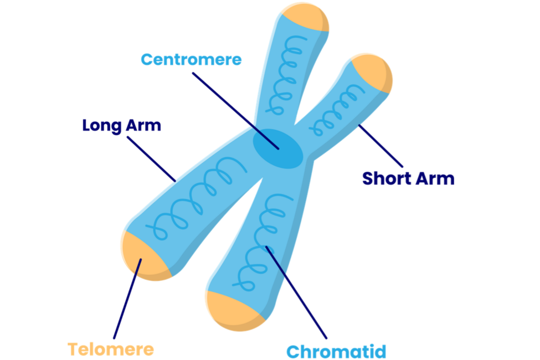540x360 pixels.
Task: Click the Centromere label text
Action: (191, 59)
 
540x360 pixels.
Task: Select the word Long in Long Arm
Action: (101, 125)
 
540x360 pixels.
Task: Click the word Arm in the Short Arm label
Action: (436, 179)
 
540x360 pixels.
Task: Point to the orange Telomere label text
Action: (110, 349)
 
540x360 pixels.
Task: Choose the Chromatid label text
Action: (336, 351)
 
